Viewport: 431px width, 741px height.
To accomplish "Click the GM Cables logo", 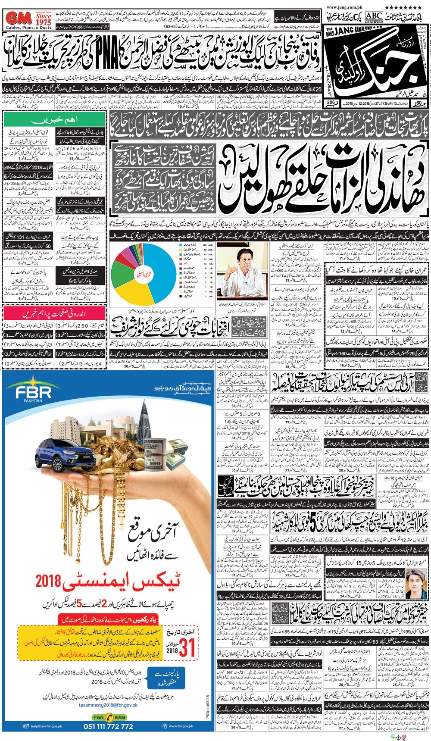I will point(29,20).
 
